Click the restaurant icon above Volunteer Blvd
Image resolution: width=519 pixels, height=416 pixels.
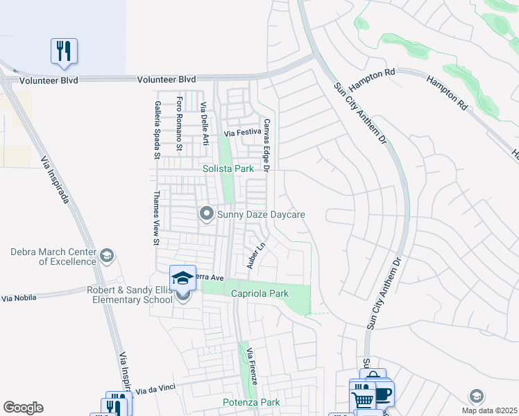click(64, 51)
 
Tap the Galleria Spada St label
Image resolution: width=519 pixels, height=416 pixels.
click(159, 126)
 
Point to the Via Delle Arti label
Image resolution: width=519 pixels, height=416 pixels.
click(204, 124)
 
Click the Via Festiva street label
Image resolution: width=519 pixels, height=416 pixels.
click(241, 132)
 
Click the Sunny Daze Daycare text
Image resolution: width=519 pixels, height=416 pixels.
click(261, 215)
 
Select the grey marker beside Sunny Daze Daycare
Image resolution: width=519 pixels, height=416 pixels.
click(206, 214)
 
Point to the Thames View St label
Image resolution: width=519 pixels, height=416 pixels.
click(157, 218)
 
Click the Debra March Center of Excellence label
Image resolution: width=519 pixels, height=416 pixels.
click(53, 257)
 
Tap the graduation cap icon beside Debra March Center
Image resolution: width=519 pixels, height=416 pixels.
click(107, 257)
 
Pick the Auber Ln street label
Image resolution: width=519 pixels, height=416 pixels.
click(257, 256)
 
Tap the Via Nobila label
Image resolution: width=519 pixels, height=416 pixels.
click(18, 298)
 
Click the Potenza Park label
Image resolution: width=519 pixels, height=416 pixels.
click(251, 402)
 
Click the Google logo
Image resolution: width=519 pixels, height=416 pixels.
click(23, 408)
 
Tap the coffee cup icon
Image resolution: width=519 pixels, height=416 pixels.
click(383, 395)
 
